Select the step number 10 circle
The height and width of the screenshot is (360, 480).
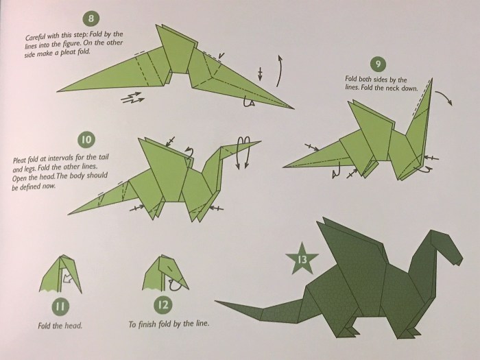[x=86, y=140]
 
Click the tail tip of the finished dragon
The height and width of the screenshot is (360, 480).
[x=218, y=302]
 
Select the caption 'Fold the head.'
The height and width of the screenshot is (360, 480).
[x=60, y=325]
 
